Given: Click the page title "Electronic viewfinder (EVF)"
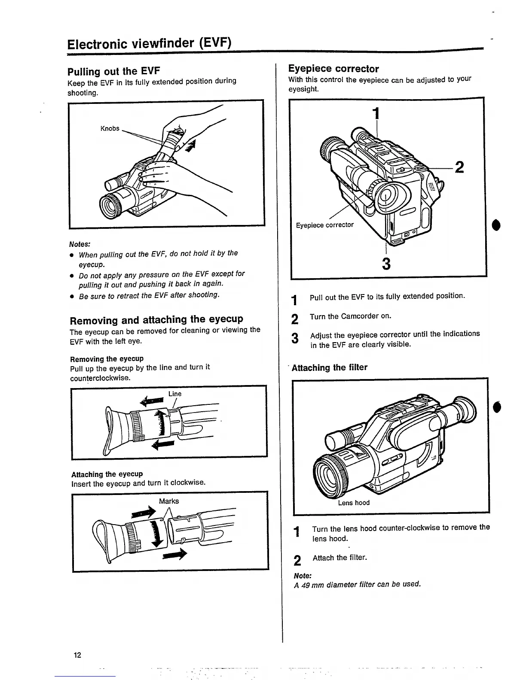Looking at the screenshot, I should pos(149,44).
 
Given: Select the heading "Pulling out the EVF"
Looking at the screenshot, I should pos(114,71).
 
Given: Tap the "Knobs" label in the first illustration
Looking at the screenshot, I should pos(110,128).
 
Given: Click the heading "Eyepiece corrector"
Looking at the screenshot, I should pos(333,69).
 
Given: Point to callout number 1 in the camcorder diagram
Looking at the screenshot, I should pos(376,113).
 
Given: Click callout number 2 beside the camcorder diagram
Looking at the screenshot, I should pos(459,167).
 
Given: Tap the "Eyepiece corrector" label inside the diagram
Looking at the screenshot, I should pos(324,225).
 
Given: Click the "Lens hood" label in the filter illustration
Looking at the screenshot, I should pos(353,503).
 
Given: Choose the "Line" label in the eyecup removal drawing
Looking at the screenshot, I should pos(174,394).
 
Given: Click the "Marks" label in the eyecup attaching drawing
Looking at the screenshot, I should pos(169,501).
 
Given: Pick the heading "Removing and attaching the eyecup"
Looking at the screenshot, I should pos(156,320).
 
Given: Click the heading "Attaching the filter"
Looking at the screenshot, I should pos(330,367).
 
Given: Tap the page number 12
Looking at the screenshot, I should pos(77,655).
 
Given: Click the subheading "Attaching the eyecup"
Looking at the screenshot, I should pos(107,474).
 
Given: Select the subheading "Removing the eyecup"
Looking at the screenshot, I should pos(107,358).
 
